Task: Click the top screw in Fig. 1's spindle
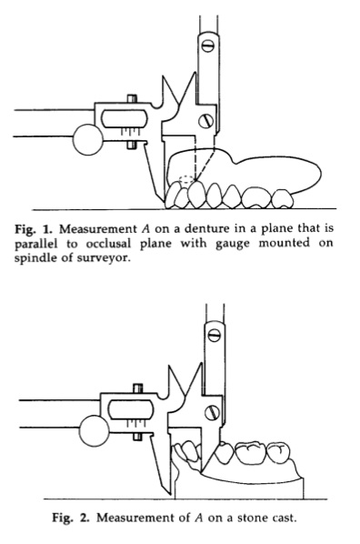coord(208,45)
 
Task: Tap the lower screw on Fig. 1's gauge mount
coord(205,121)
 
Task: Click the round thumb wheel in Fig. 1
coord(88,139)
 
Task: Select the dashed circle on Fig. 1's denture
coord(187,179)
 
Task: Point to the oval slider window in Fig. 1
coord(125,118)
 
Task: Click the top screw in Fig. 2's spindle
coord(214,335)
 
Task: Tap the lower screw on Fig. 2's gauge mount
coord(211,412)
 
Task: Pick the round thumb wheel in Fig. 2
coord(95,431)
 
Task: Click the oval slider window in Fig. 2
coord(131,409)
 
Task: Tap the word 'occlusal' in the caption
coord(108,244)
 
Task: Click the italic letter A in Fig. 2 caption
coord(199,518)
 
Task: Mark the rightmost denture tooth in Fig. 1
coord(282,199)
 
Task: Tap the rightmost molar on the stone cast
coord(278,454)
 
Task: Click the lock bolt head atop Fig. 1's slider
coord(132,98)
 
